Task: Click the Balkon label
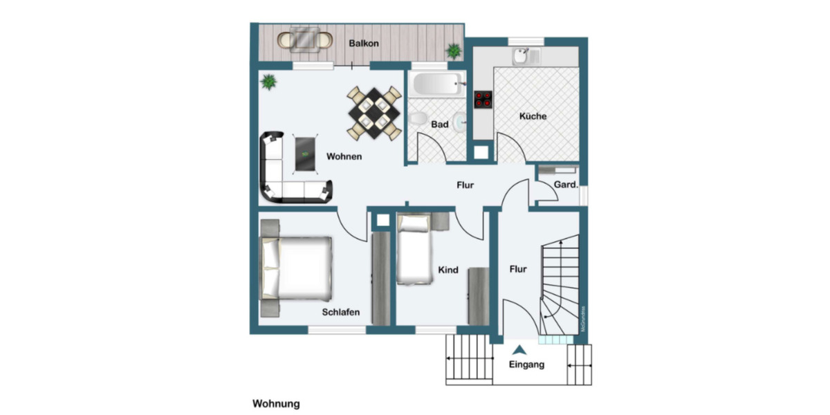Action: point(364,43)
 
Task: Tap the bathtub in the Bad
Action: point(435,85)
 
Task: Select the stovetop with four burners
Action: point(483,99)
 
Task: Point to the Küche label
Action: point(533,116)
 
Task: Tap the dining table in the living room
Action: point(373,113)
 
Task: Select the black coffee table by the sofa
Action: point(305,153)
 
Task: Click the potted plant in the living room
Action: point(268,82)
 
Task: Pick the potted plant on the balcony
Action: point(454,50)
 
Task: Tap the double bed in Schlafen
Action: point(295,267)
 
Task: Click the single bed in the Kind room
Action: point(414,252)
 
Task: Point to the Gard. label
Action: point(566,185)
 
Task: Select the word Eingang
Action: point(526,365)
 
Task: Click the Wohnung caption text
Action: point(276,403)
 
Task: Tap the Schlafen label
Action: point(340,312)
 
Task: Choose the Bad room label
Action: point(440,125)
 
